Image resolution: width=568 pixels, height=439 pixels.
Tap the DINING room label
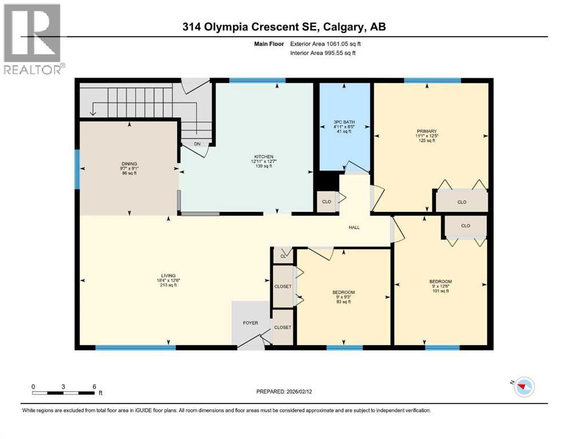[x=129, y=163]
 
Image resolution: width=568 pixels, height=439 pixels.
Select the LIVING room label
[x=168, y=275]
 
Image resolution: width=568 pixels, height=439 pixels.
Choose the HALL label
[x=354, y=228]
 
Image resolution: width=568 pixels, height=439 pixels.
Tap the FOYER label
[x=251, y=323]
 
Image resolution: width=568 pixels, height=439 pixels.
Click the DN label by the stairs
[x=197, y=144]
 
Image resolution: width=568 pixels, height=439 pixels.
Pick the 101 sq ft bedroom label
[x=440, y=281]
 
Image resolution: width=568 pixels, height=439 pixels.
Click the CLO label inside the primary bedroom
[x=462, y=202]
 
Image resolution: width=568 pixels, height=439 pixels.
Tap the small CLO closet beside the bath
[x=326, y=202]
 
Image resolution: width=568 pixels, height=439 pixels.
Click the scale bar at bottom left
[x=63, y=392]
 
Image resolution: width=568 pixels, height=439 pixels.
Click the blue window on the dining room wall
[x=77, y=169]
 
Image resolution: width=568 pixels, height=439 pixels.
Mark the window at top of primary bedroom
[x=432, y=81]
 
